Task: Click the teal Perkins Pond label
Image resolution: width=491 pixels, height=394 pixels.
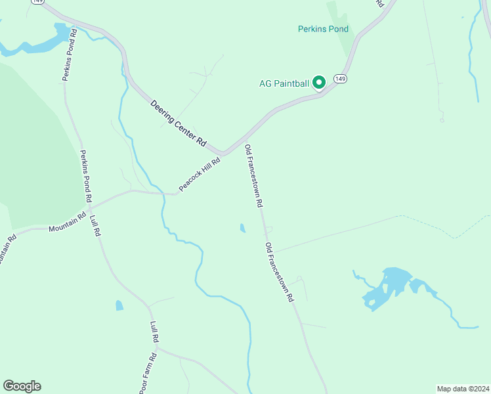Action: tap(323, 29)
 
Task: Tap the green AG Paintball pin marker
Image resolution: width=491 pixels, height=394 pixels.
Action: tap(319, 82)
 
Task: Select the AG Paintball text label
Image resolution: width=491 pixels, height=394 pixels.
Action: tap(284, 83)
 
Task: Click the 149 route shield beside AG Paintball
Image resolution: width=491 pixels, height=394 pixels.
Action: tap(339, 79)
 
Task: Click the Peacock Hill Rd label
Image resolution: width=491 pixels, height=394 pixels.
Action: tap(199, 173)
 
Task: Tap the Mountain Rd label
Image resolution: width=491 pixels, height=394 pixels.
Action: tap(67, 224)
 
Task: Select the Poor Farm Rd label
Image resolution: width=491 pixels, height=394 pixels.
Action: tap(148, 373)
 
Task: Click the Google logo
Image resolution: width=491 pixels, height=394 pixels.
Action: tap(22, 386)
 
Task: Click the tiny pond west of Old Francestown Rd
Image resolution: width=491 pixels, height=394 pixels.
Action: tap(243, 229)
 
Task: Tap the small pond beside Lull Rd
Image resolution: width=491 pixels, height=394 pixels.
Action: tap(119, 305)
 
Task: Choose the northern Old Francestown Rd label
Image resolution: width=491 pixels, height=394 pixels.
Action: tap(254, 177)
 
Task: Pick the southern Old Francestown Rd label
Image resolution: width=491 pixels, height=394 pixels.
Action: tap(279, 272)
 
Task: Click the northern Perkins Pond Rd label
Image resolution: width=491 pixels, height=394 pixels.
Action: tap(69, 55)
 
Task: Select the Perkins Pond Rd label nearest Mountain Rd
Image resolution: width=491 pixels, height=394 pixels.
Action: tap(86, 176)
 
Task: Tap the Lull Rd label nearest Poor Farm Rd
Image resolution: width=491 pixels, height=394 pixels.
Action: tap(155, 333)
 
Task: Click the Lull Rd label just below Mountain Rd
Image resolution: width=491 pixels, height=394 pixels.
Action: tap(95, 225)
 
